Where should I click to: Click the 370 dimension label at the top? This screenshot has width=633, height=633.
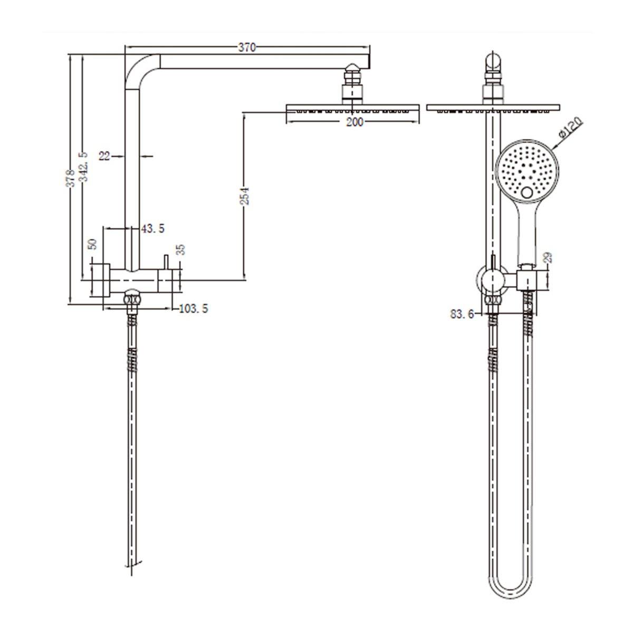(246, 48)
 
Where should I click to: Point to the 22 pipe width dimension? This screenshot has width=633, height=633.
(104, 156)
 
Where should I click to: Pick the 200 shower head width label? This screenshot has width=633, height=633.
(354, 122)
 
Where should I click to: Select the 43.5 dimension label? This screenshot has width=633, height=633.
(153, 228)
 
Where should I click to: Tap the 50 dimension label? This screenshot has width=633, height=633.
(93, 244)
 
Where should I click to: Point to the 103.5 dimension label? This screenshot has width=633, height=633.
(193, 309)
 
